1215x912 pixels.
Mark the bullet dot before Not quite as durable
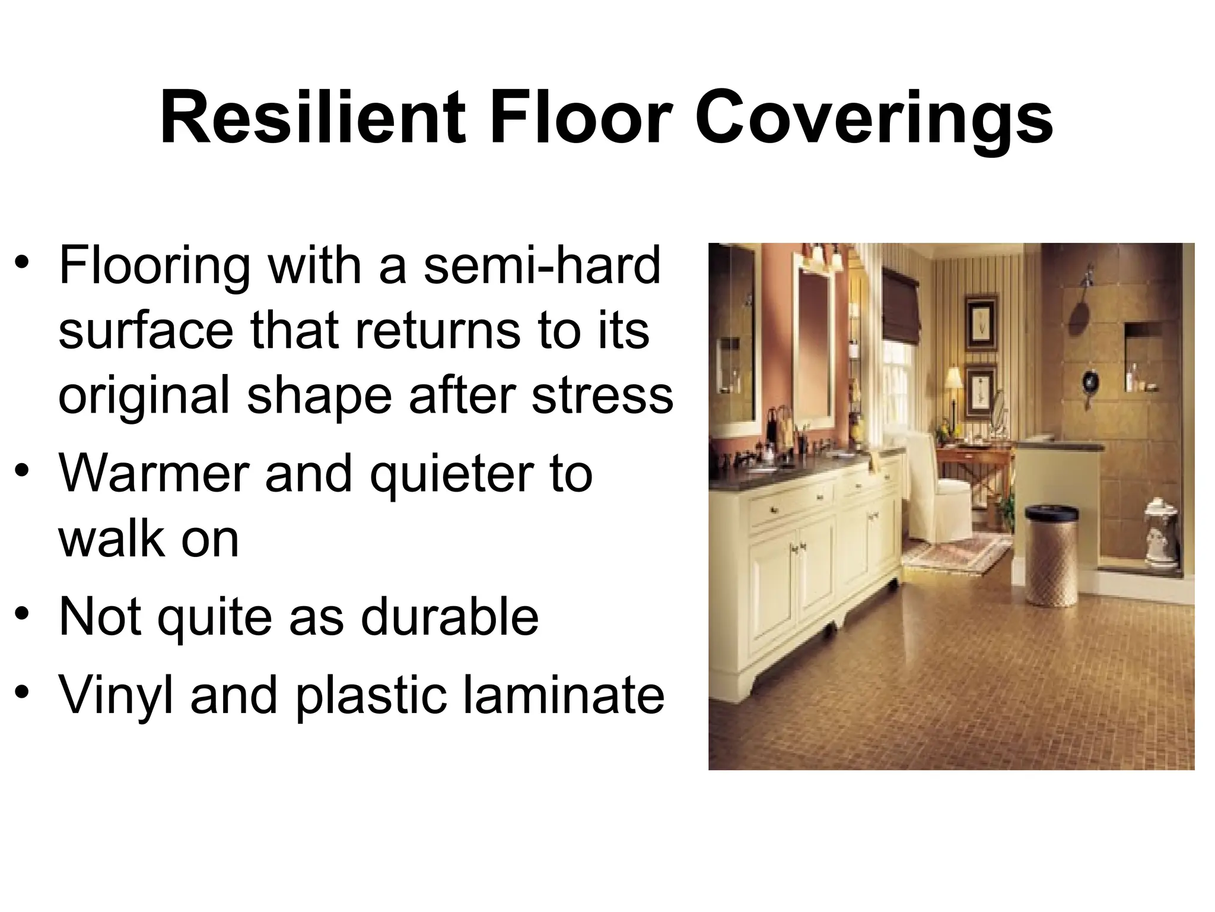[23, 614]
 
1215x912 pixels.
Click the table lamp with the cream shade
[953, 380]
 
